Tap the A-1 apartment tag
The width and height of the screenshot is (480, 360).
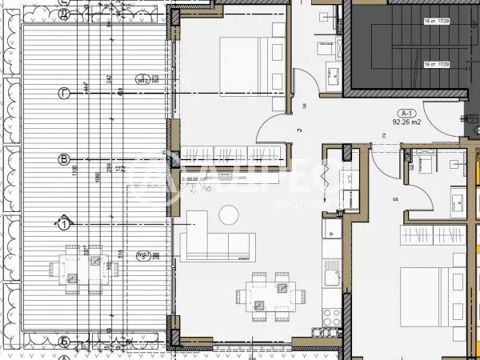tap(406, 114)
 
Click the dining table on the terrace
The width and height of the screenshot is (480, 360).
tap(83, 269)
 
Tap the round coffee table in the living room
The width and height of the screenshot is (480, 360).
tap(229, 214)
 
